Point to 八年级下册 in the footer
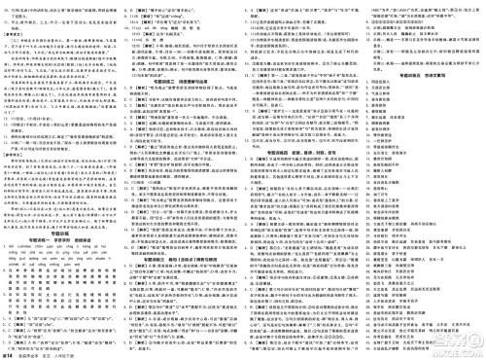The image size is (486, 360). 88,352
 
